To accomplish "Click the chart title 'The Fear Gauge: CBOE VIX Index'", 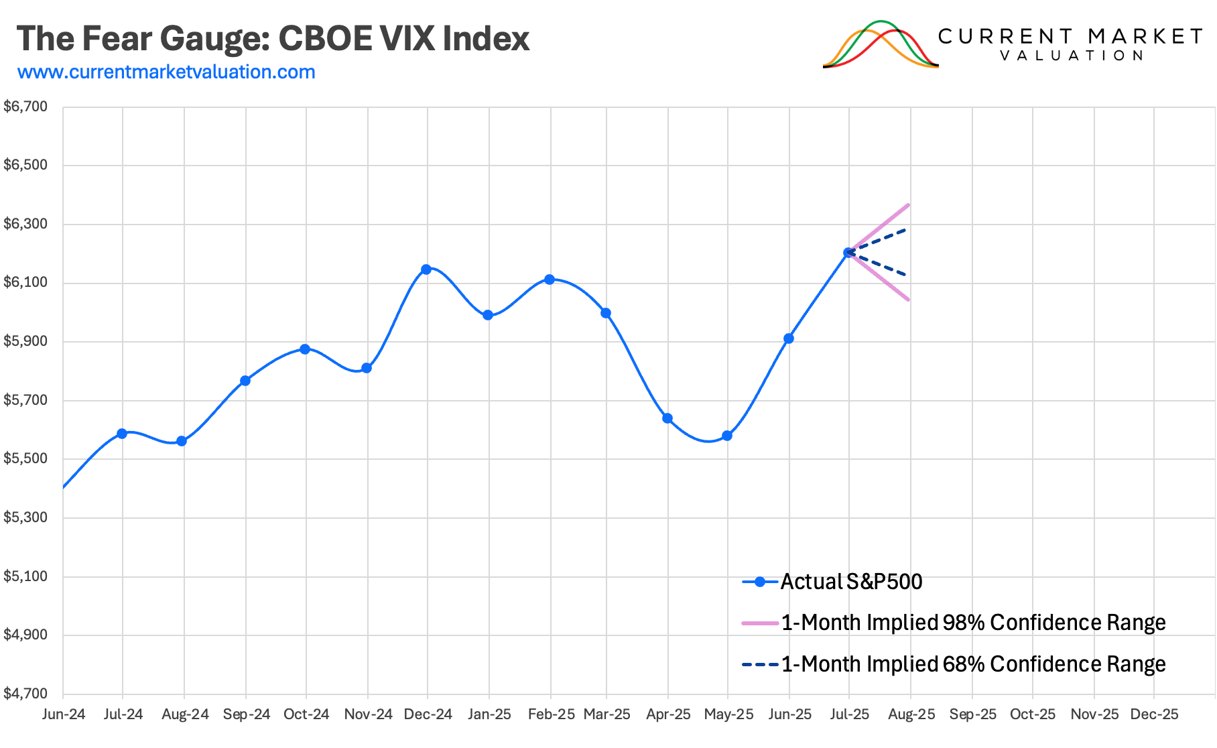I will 273,39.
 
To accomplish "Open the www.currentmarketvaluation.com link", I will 166,72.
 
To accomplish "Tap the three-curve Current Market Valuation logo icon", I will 880,44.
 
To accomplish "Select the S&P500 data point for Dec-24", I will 426,269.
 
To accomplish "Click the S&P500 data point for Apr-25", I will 667,418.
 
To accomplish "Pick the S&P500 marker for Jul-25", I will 849,253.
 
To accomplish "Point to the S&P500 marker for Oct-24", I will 305,349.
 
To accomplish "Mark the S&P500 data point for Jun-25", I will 789,338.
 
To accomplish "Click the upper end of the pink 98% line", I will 909,204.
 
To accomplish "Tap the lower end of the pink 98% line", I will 909,300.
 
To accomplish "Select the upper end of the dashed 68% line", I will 907,229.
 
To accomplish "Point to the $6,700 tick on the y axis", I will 25,107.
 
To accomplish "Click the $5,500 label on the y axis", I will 25,458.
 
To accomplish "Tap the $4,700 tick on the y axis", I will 25,694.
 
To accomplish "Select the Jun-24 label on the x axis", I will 64,714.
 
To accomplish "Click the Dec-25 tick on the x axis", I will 1154,714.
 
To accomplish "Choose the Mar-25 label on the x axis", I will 606,714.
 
